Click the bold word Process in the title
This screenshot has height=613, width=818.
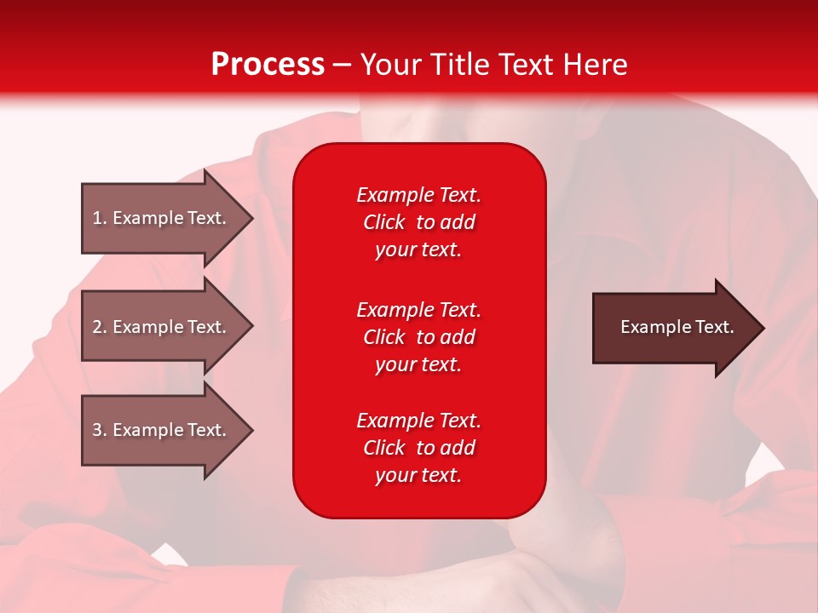[x=268, y=65]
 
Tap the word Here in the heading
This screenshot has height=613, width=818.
[x=595, y=65]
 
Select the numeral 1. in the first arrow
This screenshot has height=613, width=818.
[x=99, y=218]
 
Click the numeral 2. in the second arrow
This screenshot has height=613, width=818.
[x=99, y=327]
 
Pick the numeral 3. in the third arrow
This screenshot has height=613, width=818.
[x=99, y=430]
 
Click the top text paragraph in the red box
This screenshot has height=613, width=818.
[x=418, y=222]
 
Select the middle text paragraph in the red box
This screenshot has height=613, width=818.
[x=418, y=337]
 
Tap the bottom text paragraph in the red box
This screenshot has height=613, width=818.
[x=418, y=448]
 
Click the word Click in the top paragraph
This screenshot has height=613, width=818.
[x=384, y=222]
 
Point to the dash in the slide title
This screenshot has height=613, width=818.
[x=343, y=66]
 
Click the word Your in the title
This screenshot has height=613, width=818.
[x=391, y=65]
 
